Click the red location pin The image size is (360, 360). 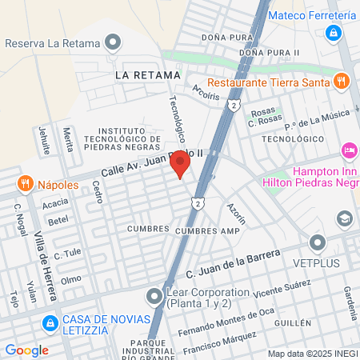[x=181, y=165]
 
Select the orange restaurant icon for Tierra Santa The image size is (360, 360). [x=342, y=80]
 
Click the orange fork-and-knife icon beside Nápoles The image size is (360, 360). [x=26, y=184]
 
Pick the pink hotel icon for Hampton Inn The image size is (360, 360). [x=349, y=150]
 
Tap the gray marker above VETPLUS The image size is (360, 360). [x=318, y=242]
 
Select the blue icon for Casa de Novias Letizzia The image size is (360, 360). [x=50, y=322]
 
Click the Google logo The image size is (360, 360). [x=26, y=350]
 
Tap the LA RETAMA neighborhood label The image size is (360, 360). [x=147, y=75]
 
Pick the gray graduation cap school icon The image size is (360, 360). [x=344, y=218]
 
